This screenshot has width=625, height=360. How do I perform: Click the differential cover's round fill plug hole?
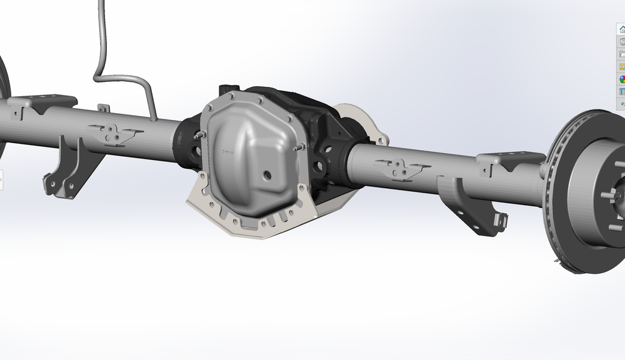pyautogui.click(x=267, y=176)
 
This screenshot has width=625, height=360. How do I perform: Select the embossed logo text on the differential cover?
pyautogui.click(x=227, y=152)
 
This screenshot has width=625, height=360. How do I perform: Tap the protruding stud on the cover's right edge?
pyautogui.click(x=301, y=146)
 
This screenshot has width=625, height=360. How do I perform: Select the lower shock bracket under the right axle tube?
pyautogui.click(x=472, y=206)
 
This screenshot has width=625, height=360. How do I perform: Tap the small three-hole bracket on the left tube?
pyautogui.click(x=113, y=132)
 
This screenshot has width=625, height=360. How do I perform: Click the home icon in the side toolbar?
pyautogui.click(x=621, y=29)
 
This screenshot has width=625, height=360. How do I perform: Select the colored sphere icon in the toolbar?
pyautogui.click(x=622, y=79)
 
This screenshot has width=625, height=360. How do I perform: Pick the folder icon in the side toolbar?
pyautogui.click(x=622, y=54)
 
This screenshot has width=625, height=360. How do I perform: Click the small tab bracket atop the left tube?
pyautogui.click(x=103, y=108)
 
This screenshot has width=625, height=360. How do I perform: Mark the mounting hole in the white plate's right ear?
pyautogui.click(x=378, y=138)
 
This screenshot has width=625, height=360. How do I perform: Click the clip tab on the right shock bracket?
pyautogui.click(x=500, y=220)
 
